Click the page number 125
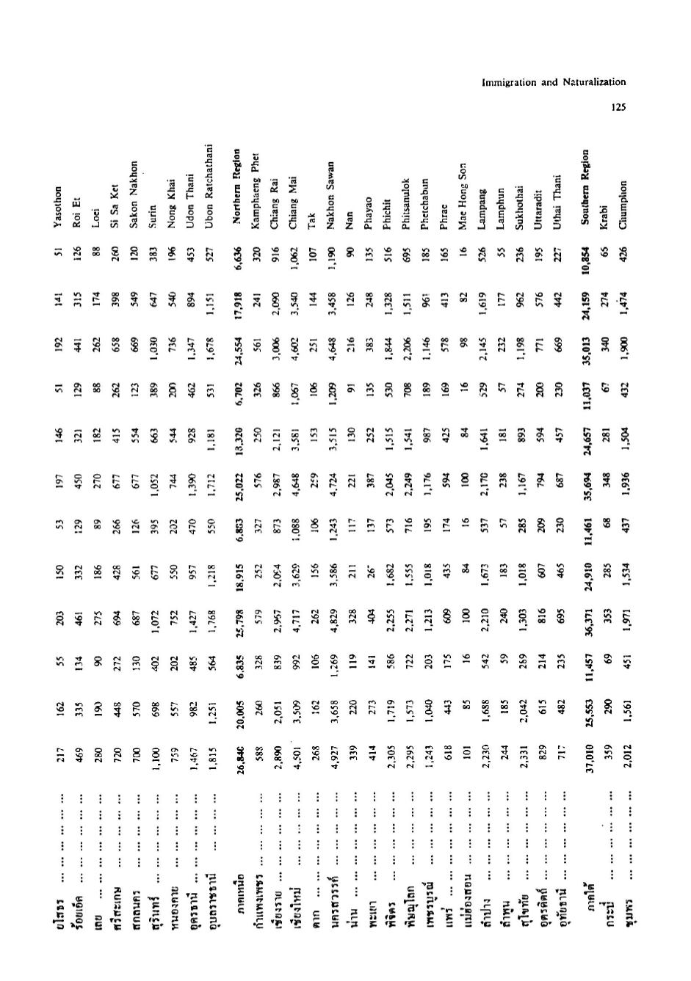(618, 107)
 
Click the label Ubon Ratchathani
(209, 175)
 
